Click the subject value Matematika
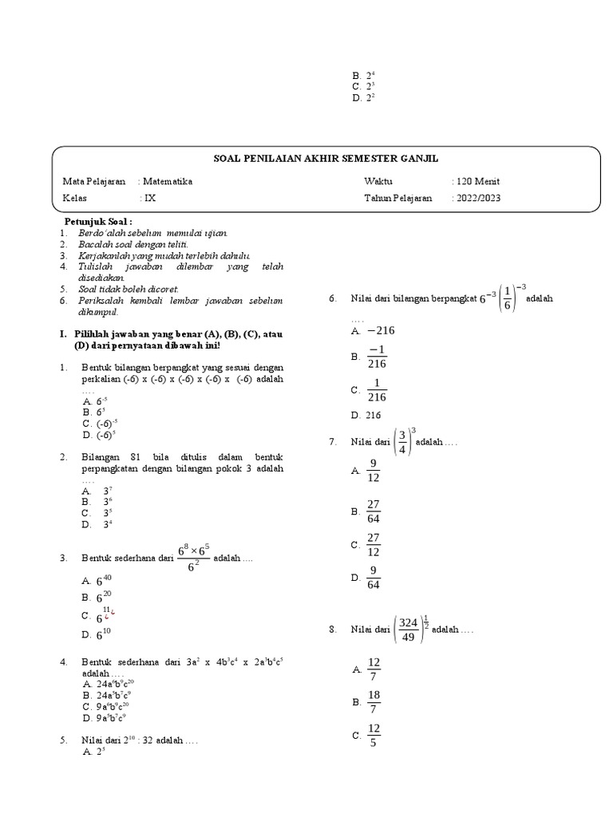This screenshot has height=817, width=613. pos(167,181)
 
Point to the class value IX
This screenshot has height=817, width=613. pos(149,198)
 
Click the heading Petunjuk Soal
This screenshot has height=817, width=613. pos(98,220)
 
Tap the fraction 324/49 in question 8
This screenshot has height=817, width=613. pos(409,629)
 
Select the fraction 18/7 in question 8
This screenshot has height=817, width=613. pos(373,702)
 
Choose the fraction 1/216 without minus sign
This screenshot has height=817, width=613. pos(378,390)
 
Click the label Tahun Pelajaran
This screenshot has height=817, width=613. pos(398,198)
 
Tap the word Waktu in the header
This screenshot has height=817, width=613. pos(378,181)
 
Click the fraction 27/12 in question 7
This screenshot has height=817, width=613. pos(373,544)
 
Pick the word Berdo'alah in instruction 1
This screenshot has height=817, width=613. pos(100,232)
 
